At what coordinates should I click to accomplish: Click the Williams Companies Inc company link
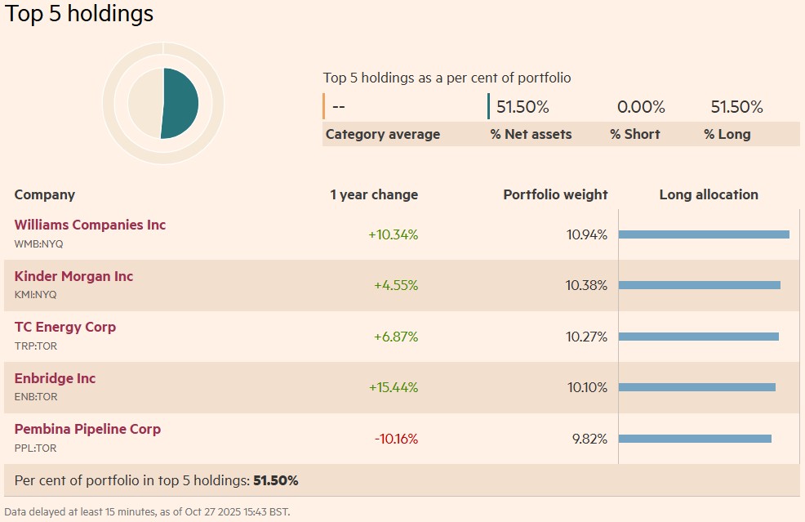[x=90, y=225]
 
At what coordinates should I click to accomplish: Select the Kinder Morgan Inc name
[x=73, y=276]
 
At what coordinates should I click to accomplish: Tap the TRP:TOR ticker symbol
[x=36, y=346]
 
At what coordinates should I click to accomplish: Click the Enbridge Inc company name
[x=55, y=378]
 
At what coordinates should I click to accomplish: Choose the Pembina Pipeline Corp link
[x=87, y=429]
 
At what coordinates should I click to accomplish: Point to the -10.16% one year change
[x=396, y=439]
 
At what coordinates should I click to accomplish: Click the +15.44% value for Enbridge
[x=393, y=387]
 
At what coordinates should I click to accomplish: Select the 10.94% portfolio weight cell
[x=587, y=235]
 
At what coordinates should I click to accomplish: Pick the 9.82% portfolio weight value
[x=589, y=439]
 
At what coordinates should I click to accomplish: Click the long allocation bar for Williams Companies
[x=704, y=234]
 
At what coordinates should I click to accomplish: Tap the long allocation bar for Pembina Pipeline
[x=695, y=439]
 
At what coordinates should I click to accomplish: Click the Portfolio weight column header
[x=555, y=194]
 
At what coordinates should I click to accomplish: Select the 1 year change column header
[x=374, y=194]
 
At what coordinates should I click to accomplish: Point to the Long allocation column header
[x=709, y=194]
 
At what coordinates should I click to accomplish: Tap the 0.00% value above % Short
[x=641, y=107]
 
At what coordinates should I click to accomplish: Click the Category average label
[x=383, y=134]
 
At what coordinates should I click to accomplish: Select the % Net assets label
[x=531, y=134]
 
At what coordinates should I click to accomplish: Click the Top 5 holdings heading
[x=79, y=14]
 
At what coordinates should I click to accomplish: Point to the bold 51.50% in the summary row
[x=276, y=480]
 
